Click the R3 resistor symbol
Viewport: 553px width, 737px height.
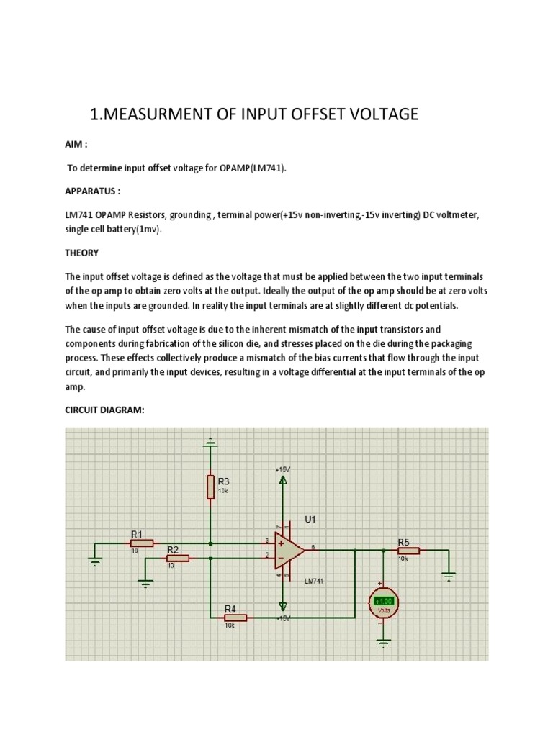(x=210, y=487)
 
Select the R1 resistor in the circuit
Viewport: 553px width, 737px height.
(x=142, y=543)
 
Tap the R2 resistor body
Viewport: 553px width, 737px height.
(x=178, y=558)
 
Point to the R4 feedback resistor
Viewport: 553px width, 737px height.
(x=235, y=618)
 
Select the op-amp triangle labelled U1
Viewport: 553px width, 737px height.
(x=290, y=551)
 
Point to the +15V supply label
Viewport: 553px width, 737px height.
(x=282, y=469)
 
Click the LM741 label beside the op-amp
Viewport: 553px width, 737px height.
(x=315, y=580)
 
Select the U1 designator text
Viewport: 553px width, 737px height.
(x=311, y=519)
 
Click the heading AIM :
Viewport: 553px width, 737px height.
(x=76, y=144)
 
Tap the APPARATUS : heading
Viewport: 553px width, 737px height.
(x=93, y=193)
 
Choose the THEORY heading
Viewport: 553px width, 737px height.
(x=82, y=253)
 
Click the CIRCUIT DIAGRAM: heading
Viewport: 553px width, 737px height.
(x=105, y=410)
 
